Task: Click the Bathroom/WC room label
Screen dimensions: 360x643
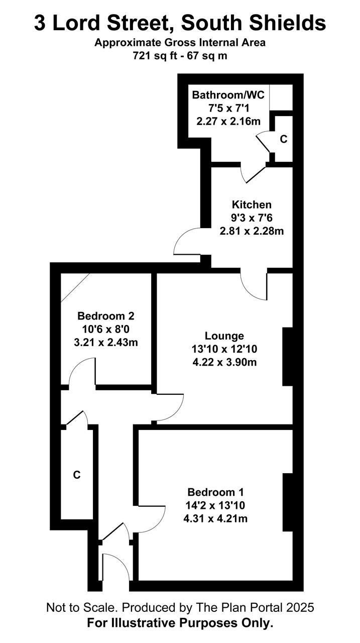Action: tap(228, 95)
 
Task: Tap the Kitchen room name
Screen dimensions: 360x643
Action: tap(252, 204)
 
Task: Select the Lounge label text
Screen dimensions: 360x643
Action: tap(224, 336)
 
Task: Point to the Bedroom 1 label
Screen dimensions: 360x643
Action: tap(215, 492)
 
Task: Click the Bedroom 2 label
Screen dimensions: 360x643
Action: tap(106, 316)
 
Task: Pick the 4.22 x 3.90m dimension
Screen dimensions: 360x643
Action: tap(224, 362)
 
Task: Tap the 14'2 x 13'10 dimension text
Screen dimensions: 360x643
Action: tap(215, 505)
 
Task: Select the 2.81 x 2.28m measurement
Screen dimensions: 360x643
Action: tap(252, 231)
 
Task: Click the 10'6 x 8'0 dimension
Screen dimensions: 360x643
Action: tap(106, 329)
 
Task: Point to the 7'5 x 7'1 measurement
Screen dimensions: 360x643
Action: tap(228, 108)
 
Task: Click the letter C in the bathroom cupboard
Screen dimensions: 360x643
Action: tap(283, 139)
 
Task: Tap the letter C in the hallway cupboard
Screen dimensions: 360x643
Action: tap(77, 475)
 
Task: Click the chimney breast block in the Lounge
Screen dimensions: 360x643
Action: tap(287, 357)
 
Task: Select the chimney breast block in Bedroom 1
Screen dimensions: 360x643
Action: tap(287, 502)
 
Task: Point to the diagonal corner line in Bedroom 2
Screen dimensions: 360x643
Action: tap(75, 287)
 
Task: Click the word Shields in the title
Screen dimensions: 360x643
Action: tap(287, 23)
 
